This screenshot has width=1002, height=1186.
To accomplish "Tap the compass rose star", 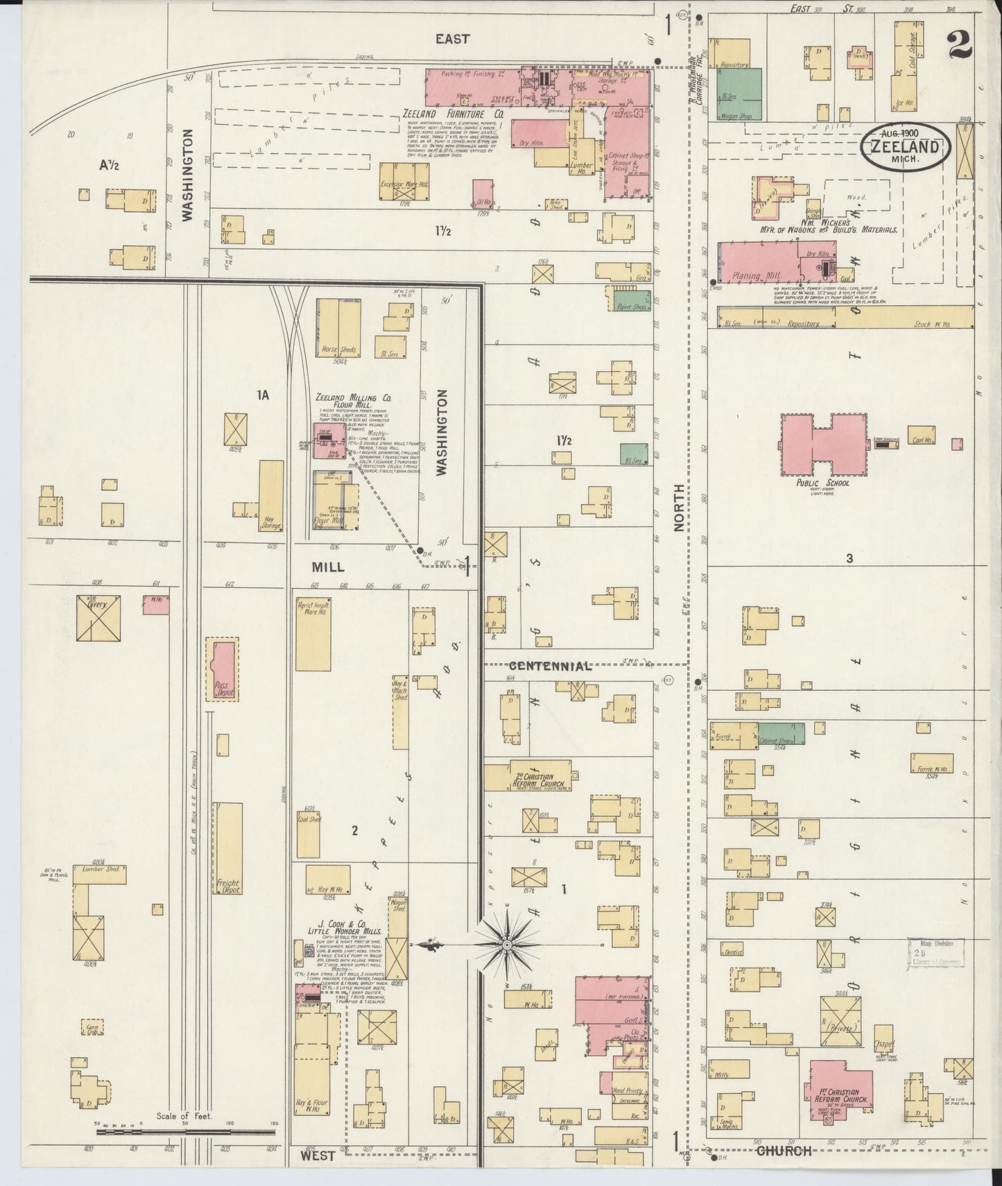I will pyautogui.click(x=508, y=945).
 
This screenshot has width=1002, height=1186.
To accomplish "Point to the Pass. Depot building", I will pyautogui.click(x=223, y=669).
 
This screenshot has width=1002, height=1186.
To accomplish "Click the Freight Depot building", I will pyautogui.click(x=227, y=848).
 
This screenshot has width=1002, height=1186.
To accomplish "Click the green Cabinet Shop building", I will pyautogui.click(x=781, y=733).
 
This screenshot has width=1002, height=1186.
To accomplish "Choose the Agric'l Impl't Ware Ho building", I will pyautogui.click(x=313, y=635).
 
